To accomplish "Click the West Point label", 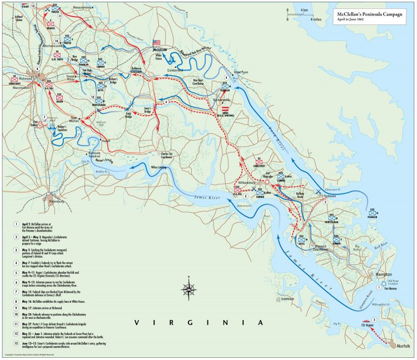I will [240, 72].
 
